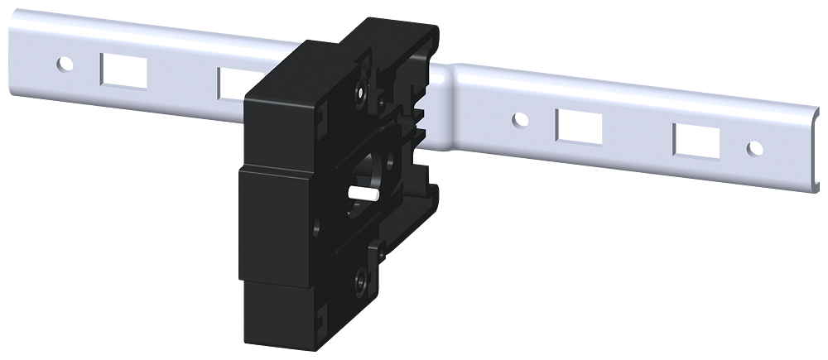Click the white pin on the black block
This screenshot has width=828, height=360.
[363, 194]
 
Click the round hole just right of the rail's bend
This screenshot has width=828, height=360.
[519, 120]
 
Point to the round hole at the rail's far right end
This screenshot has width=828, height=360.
[754, 148]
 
